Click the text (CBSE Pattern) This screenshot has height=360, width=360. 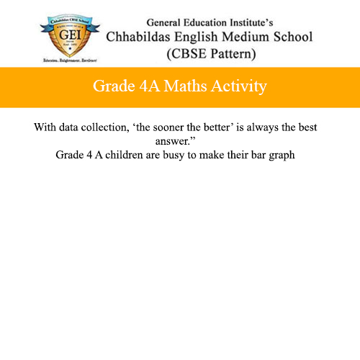tap(210, 54)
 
